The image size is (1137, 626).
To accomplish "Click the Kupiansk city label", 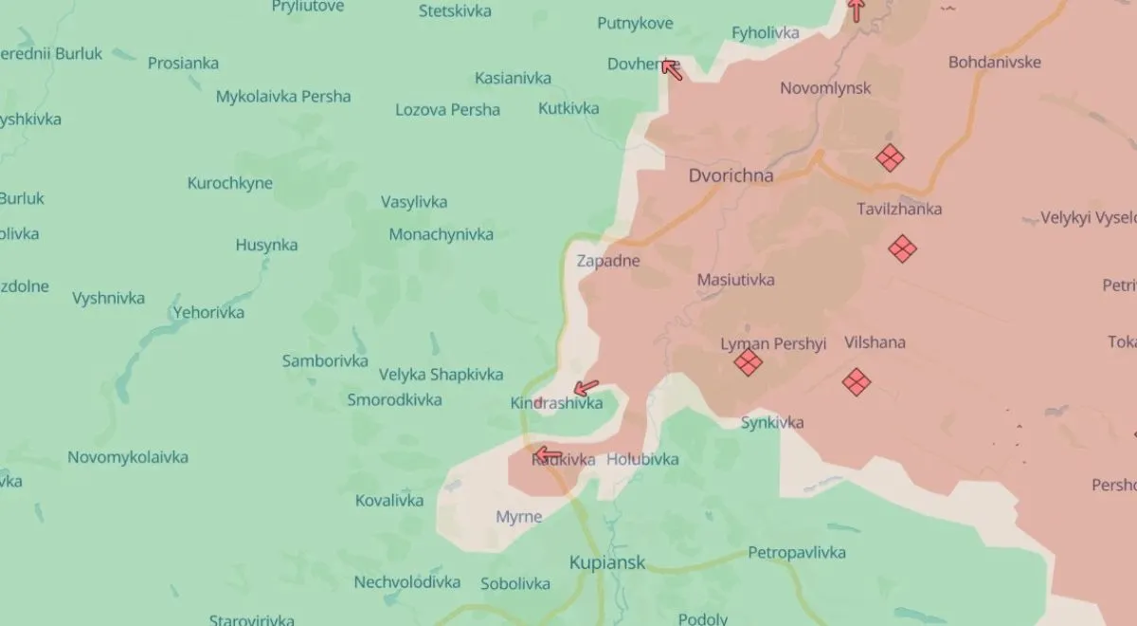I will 606,562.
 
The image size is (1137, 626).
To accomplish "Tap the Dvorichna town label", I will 731,175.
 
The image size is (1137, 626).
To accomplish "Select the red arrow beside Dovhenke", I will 671,67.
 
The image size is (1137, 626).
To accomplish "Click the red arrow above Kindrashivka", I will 587,387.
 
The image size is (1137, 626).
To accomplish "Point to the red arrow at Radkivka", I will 547,453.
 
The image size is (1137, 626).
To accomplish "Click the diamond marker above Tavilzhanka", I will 889,157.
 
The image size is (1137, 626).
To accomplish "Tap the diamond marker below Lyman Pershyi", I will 749,362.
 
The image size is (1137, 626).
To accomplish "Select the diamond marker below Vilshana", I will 857,381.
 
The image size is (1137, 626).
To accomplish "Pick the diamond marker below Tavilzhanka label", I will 902,249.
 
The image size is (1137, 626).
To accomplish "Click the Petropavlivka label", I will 797,552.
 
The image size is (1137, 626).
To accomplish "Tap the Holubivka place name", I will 642,459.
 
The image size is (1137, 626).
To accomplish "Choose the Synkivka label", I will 772,422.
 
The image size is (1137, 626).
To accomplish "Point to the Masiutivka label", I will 735,280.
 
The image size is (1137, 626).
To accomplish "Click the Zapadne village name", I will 608,260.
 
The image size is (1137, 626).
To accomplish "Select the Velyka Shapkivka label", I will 441,375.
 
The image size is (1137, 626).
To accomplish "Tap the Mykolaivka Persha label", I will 283,96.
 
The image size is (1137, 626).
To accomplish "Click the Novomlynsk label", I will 825,88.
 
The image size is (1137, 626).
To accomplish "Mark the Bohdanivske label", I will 994,62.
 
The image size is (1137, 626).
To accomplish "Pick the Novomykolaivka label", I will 128,457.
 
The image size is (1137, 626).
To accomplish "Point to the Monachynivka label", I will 441,234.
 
